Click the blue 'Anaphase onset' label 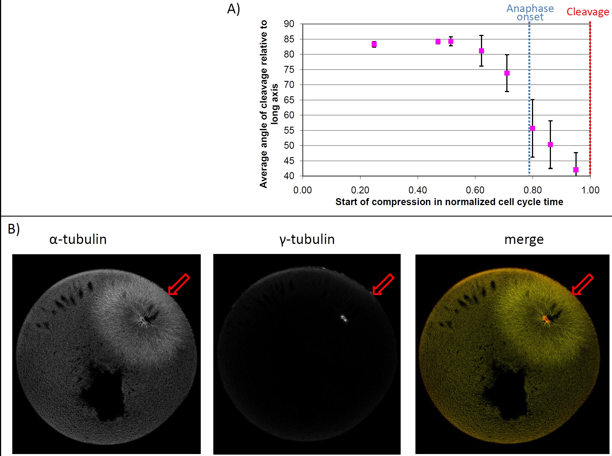pos(530,13)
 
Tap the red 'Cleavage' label pos(588,12)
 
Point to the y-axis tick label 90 pos(289,24)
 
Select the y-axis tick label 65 pos(289,100)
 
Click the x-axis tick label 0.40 pos(417,190)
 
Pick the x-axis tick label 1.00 pos(590,190)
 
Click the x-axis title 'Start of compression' pos(449,202)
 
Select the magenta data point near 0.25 pos(374,44)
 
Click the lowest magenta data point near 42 pos(576,170)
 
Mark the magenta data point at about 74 pos(507,73)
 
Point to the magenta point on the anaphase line pos(533,128)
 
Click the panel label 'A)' pos(233,9)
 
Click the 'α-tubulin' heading pos(78,239)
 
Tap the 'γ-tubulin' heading pos(307,239)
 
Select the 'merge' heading pos(524,239)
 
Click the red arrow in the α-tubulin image pos(179,284)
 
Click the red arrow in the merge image pos(582,284)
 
